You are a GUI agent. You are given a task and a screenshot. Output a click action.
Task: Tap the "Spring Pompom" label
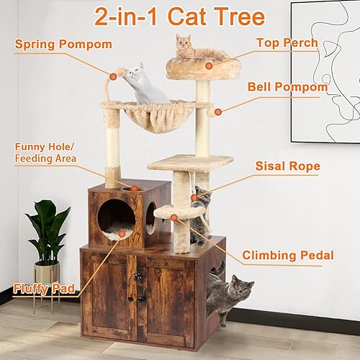coord(63,45)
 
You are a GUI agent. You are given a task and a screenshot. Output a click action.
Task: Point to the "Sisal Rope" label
coord(288,166)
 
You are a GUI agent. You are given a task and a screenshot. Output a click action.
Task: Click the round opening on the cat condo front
coord(116,218)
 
